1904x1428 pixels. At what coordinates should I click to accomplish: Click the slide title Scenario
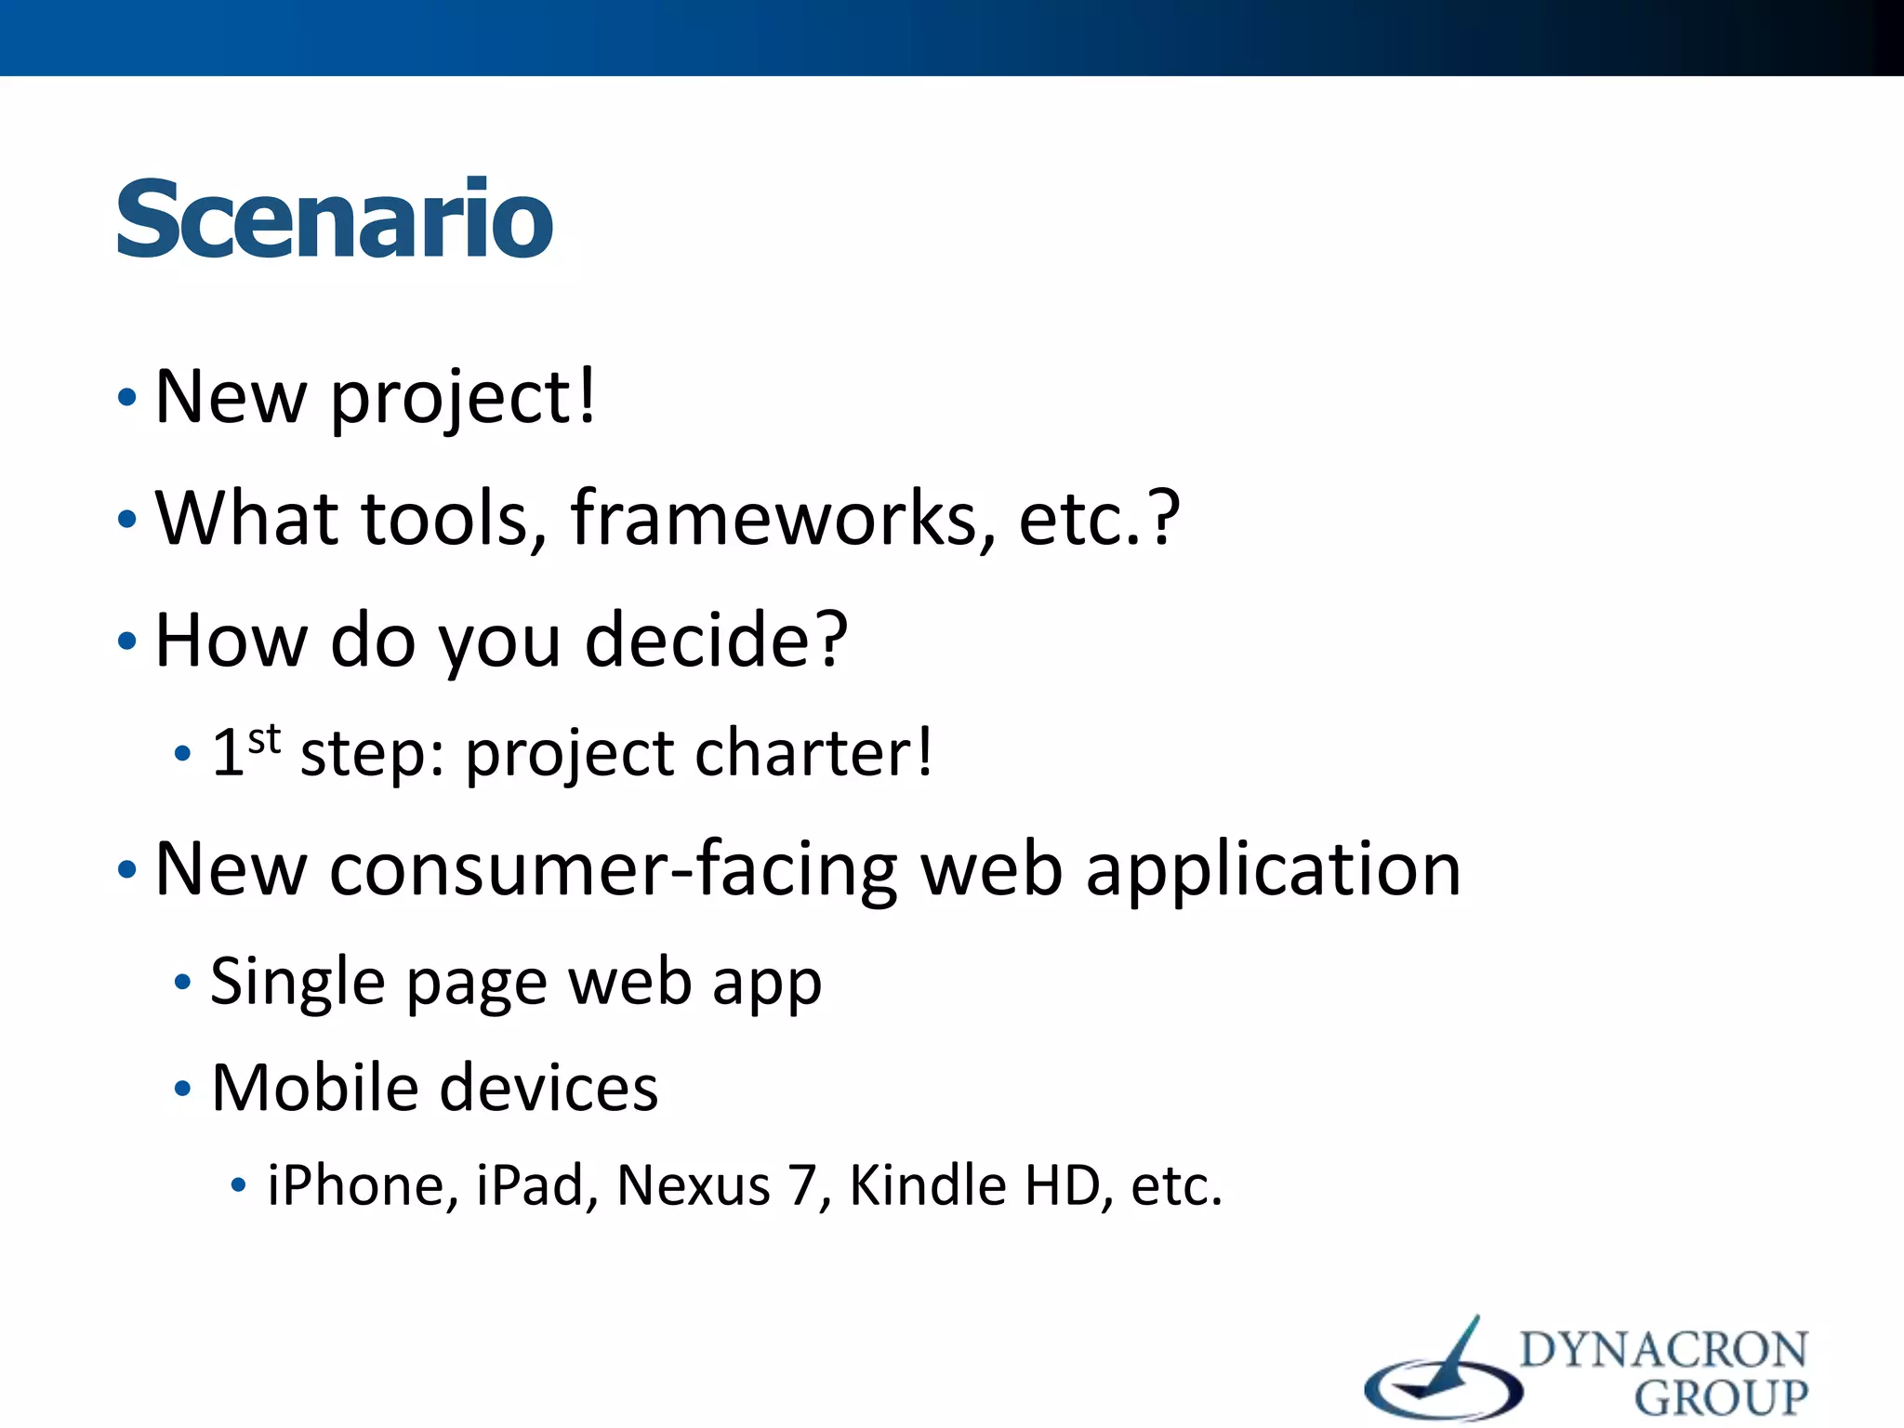335,219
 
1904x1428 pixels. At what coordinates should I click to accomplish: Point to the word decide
716,641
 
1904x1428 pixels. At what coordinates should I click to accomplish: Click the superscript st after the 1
264,739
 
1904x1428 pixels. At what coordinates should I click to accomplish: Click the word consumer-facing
614,870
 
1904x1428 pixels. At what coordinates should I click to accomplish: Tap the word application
1273,870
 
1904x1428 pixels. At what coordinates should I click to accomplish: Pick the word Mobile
315,1088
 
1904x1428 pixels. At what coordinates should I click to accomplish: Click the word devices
549,1088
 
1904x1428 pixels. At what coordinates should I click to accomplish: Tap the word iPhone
363,1186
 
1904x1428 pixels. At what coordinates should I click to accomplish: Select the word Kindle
928,1186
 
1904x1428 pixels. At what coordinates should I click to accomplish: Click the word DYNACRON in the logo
1664,1351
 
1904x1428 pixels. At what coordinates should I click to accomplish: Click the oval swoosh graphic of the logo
1442,1388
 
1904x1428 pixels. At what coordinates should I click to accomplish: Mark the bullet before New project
127,399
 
